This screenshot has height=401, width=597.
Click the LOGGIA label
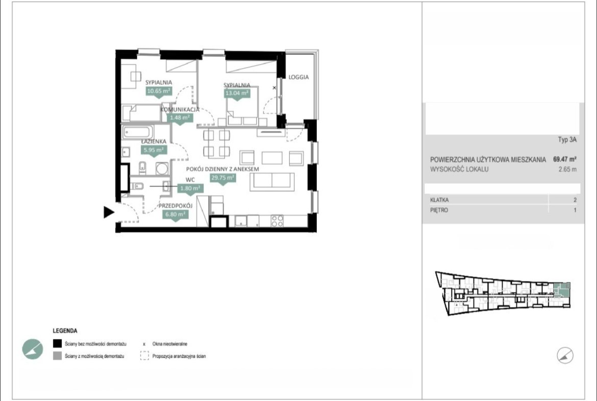point(298,77)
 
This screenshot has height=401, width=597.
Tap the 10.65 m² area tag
point(159,91)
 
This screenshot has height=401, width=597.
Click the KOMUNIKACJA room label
point(180,110)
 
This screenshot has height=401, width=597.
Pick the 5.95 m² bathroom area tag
point(154,150)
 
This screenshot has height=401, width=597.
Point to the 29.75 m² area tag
point(223,178)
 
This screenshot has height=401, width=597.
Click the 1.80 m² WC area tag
point(190,188)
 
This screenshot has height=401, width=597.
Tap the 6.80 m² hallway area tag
point(175,215)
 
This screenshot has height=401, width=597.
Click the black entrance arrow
point(109,212)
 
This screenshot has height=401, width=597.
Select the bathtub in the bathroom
point(138,133)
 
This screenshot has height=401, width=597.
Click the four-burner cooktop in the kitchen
point(277,221)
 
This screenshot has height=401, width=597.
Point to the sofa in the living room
point(272,181)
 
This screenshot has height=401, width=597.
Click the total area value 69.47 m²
point(565,159)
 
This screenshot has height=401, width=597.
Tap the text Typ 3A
point(567,139)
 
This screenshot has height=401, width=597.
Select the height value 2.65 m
point(567,169)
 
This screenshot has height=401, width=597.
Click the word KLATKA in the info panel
point(439,200)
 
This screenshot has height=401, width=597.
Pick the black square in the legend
point(57,343)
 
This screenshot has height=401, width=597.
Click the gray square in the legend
point(57,356)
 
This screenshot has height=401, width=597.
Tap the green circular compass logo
point(33,349)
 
